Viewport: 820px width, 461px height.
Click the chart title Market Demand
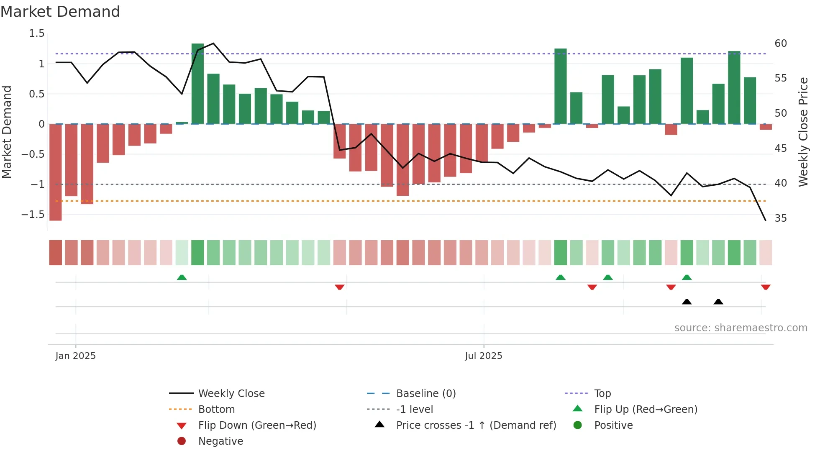click(x=60, y=12)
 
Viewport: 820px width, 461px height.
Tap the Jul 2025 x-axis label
click(x=483, y=356)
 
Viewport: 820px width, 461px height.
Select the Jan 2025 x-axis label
click(x=75, y=356)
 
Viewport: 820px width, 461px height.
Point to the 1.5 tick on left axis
click(x=36, y=33)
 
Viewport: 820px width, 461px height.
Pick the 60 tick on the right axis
click(x=781, y=44)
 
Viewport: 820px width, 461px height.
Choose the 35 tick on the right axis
click(x=781, y=218)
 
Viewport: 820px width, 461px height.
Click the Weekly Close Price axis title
click(x=803, y=132)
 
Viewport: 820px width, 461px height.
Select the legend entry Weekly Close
click(x=231, y=394)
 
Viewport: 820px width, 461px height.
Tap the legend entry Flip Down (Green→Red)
click(x=257, y=425)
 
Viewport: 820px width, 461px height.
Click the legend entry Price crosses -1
click(x=476, y=425)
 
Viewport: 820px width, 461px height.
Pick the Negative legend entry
click(x=220, y=441)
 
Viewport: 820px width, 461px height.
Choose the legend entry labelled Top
click(x=602, y=394)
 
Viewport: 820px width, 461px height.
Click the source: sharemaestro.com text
click(x=741, y=328)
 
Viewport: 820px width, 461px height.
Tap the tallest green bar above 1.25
click(x=197, y=84)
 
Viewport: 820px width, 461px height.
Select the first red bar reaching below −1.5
click(x=56, y=172)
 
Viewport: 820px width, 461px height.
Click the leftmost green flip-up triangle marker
click(x=182, y=277)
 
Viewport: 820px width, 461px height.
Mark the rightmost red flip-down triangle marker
click(x=766, y=287)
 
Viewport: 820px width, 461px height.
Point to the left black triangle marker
click(x=687, y=302)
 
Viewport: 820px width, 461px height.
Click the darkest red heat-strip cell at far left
click(x=56, y=253)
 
